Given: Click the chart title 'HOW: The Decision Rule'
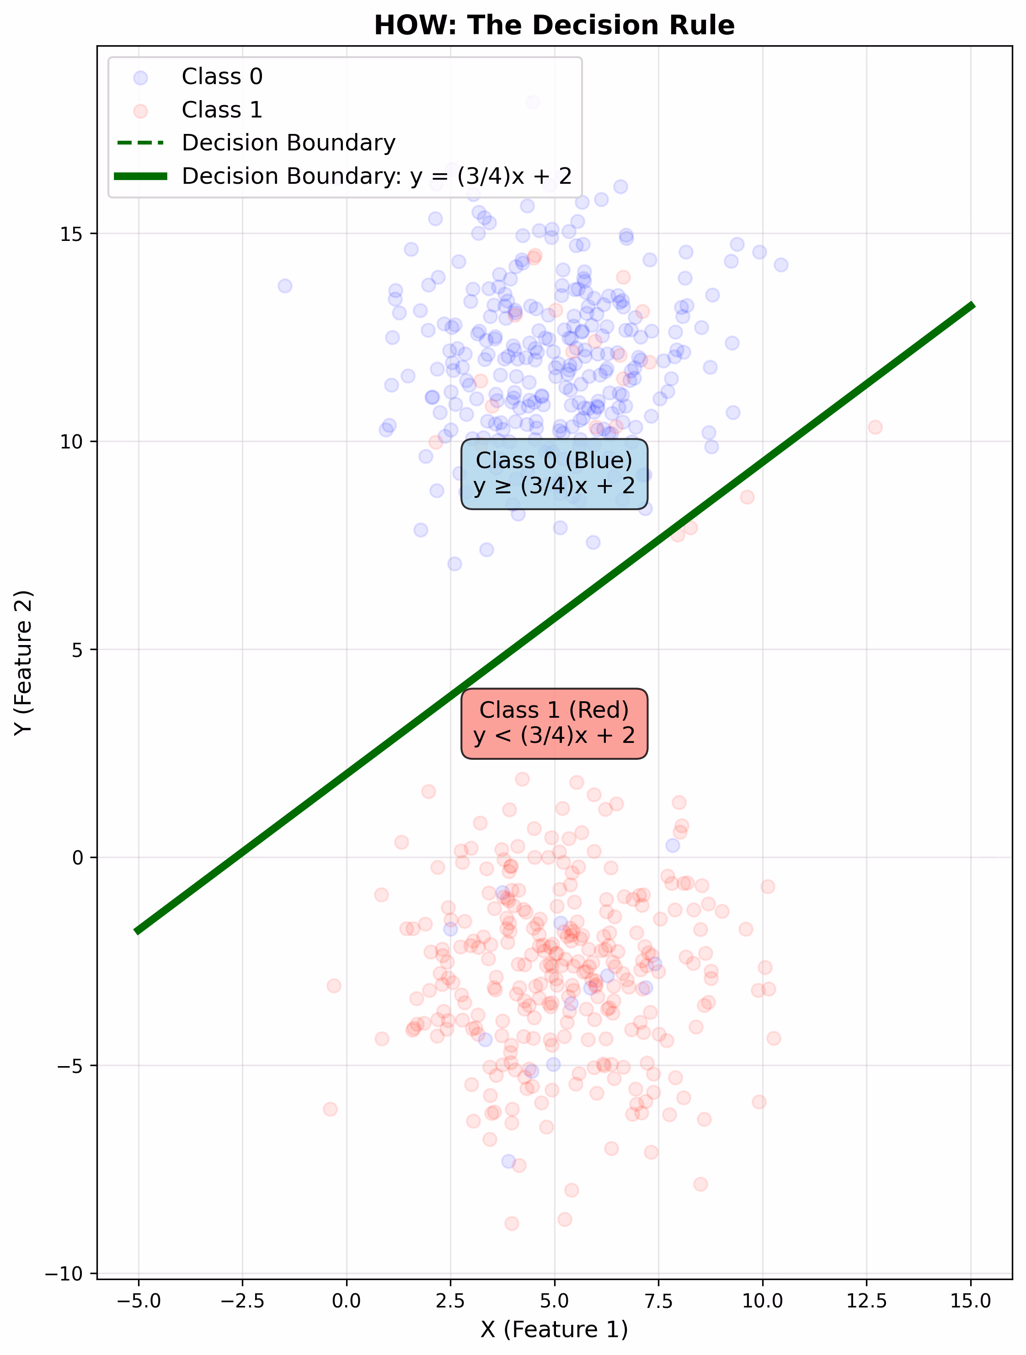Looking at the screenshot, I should tap(554, 26).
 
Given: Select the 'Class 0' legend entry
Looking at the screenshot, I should tap(222, 76).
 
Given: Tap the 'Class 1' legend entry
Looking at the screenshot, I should tap(222, 110).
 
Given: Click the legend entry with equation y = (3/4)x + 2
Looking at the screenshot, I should tap(376, 176).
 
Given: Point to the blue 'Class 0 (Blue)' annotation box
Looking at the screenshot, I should tap(554, 474).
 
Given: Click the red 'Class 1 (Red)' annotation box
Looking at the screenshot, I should tap(554, 723).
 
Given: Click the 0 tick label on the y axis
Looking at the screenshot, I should tap(78, 858).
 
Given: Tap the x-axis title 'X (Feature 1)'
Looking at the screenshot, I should tap(554, 1330).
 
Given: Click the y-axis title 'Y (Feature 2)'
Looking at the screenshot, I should tap(23, 662).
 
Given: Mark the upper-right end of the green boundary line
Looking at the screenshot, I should tap(972, 305).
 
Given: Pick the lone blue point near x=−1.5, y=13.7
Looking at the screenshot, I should tap(284, 286).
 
